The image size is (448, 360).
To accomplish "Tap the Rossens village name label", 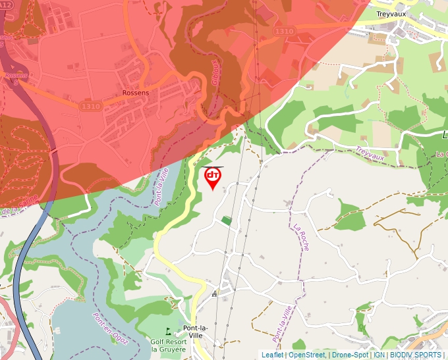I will [x=136, y=93].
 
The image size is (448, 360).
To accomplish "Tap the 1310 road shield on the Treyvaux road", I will [x=285, y=31].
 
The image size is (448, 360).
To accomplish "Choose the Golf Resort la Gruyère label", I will [x=169, y=345].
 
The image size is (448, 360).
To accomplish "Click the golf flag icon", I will [x=169, y=331].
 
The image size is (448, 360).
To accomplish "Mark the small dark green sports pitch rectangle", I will [x=227, y=220].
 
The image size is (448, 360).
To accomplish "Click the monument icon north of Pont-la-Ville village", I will [x=214, y=296].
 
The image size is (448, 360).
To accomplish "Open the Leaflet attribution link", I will [x=272, y=355].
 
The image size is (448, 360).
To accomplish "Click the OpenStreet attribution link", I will [x=307, y=355].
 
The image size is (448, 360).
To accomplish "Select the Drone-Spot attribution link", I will [x=350, y=355].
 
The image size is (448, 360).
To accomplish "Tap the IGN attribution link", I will [x=379, y=355].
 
